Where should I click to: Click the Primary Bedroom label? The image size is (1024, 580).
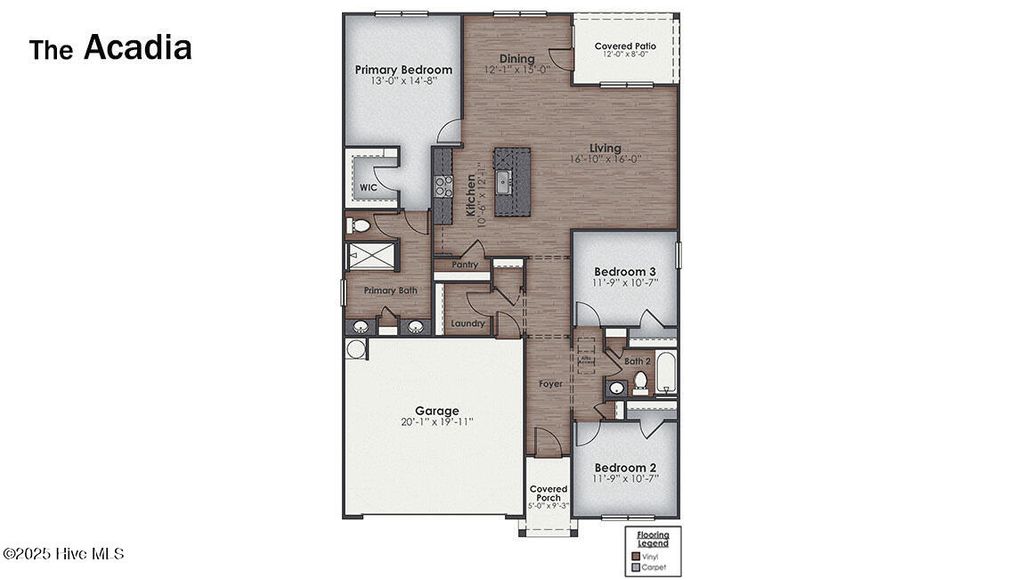(403, 70)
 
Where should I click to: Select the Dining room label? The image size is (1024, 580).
(517, 59)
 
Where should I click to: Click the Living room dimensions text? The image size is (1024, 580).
(605, 159)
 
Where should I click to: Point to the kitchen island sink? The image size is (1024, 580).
(506, 181)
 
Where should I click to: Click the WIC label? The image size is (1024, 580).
(369, 187)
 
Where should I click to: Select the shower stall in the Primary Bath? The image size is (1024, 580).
(371, 256)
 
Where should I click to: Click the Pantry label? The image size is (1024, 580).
(464, 265)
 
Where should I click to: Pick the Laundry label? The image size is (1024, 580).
(467, 323)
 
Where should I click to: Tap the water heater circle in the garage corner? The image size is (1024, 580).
(356, 349)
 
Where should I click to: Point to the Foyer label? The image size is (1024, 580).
(550, 383)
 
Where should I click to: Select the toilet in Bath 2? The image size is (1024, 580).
(639, 381)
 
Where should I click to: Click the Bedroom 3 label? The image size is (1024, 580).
(625, 272)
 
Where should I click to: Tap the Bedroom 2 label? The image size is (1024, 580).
(625, 467)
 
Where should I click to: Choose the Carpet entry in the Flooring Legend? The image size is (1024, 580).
(654, 566)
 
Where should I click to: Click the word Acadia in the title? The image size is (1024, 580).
(137, 47)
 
